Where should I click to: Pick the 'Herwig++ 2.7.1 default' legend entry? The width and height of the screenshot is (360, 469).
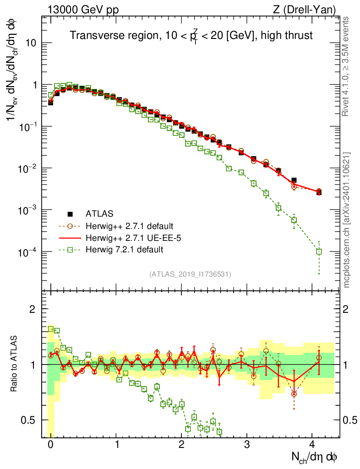128,226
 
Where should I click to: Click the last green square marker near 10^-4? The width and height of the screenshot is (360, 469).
319,251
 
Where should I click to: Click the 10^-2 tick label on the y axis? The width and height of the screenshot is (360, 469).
28,169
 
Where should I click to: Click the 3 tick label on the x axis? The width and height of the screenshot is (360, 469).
247,444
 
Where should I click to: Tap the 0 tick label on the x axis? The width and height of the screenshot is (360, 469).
50,444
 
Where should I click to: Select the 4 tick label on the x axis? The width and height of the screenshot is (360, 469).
312,444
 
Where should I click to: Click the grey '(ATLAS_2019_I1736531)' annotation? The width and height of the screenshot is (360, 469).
190,274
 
